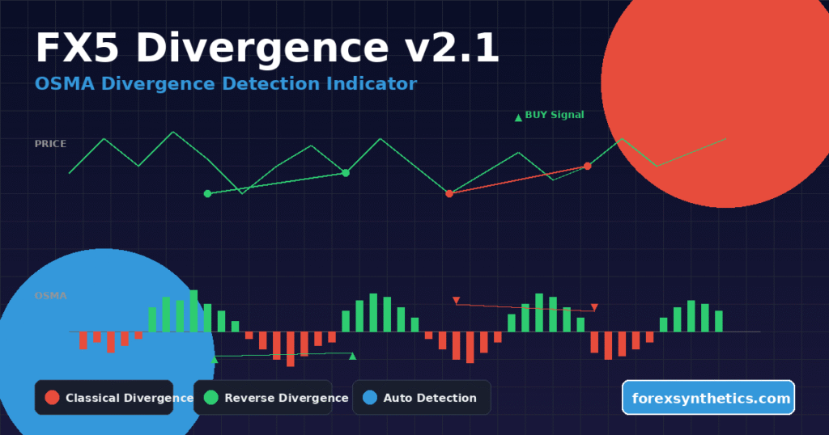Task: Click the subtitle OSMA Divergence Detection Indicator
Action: pos(226,83)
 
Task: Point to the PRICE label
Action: pos(50,144)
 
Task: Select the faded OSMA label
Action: pos(50,296)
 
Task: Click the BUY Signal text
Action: pos(554,115)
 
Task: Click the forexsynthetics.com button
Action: pos(708,398)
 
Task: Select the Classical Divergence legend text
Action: pos(129,398)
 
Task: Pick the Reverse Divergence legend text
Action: pos(286,398)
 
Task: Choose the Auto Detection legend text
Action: pos(429,398)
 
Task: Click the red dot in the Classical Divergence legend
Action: pos(52,397)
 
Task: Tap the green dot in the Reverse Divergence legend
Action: pos(210,397)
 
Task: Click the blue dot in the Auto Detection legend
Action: pos(369,397)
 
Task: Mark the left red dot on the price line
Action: pos(449,194)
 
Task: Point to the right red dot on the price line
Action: pos(588,166)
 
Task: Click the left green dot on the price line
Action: pos(207,193)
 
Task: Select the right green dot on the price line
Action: pos(346,172)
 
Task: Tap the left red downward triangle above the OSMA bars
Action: pos(456,301)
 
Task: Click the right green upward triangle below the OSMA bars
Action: pos(352,356)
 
